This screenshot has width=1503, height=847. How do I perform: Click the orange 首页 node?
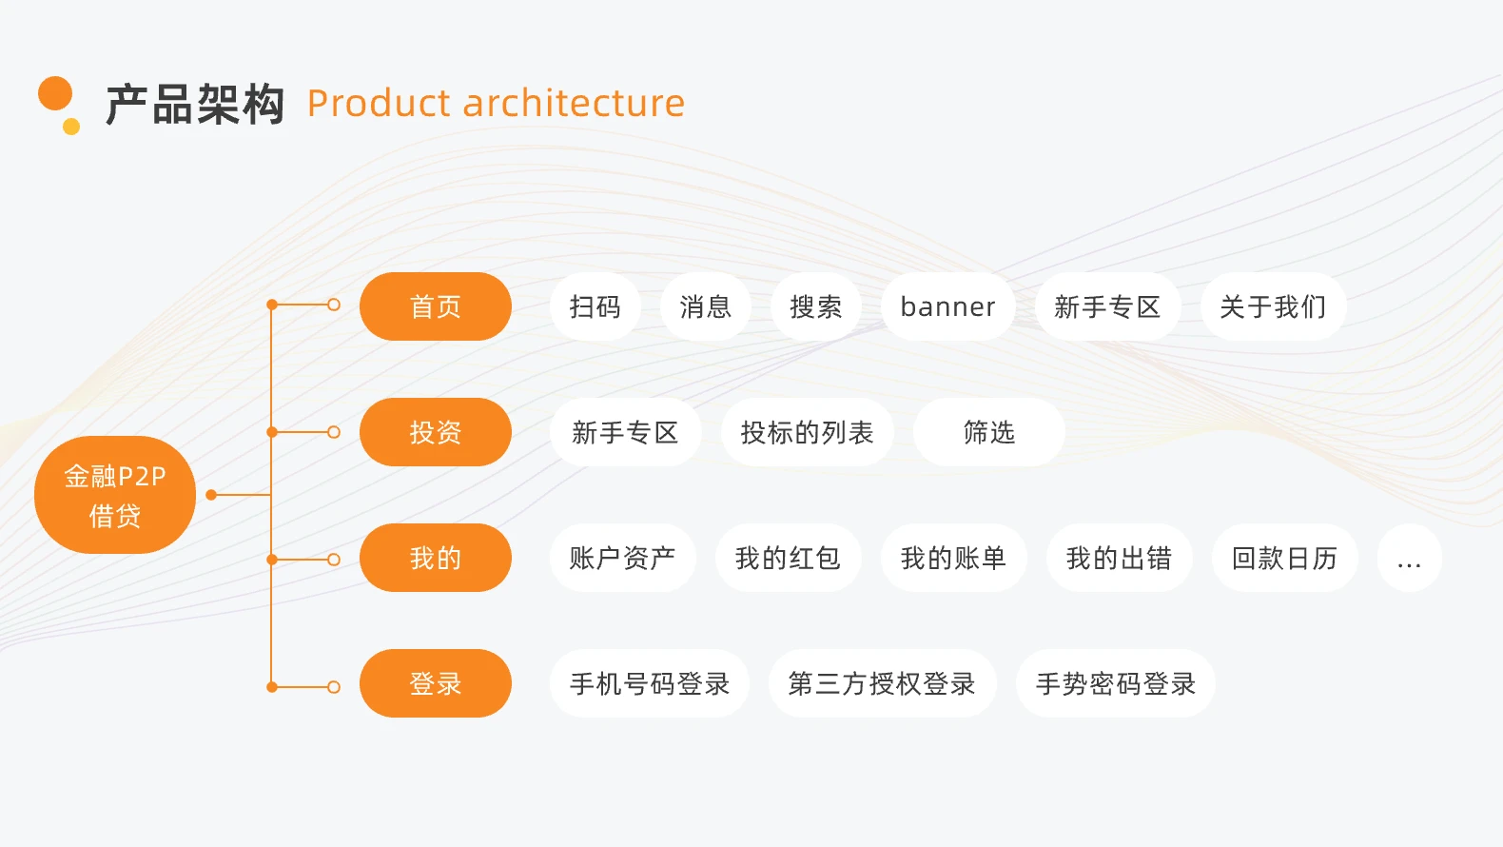pos(435,306)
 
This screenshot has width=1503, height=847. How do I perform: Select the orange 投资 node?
pos(435,432)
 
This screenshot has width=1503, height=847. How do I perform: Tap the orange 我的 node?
pos(435,558)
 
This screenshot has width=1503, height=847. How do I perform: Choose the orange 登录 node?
pos(435,683)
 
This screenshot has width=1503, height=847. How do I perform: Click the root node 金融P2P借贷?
pos(115,495)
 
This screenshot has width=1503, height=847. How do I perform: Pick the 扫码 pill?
pos(595,306)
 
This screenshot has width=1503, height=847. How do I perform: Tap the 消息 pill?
pos(705,306)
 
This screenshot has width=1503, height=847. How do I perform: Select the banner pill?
pos(947,306)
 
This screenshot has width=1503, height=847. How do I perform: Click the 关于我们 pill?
pos(1273,306)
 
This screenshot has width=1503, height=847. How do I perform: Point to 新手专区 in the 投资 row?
pos(625,432)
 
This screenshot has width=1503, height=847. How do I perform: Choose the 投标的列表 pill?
pos(807,432)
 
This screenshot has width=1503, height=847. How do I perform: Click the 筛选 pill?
pos(988,432)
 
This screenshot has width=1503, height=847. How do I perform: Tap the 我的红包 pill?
pos(788,558)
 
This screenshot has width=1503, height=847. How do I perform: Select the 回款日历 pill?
pos(1284,558)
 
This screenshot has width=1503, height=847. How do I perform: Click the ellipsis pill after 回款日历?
pos(1409,558)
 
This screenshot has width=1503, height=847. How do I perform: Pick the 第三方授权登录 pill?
pos(882,683)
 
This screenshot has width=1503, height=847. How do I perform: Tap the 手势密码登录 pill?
pos(1115,683)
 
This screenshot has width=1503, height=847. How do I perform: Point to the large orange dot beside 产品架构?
pos(55,93)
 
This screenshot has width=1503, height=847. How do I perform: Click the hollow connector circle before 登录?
pos(334,687)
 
